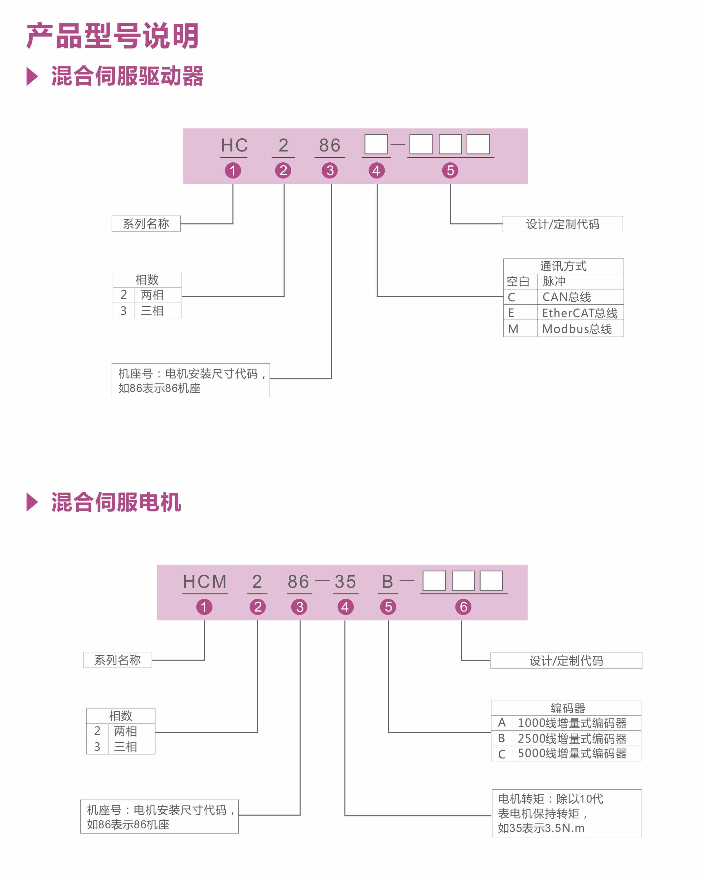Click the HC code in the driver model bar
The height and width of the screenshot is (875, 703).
(x=234, y=145)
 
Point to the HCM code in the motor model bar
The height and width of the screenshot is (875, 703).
(x=205, y=582)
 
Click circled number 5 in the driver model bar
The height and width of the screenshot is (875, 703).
(x=450, y=171)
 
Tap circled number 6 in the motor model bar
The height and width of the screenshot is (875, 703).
(x=463, y=607)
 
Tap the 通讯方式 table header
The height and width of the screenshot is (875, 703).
(x=563, y=266)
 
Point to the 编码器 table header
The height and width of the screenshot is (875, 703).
(x=568, y=708)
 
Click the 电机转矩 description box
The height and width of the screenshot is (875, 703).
(x=567, y=813)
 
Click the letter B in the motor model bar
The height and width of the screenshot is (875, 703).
(x=388, y=582)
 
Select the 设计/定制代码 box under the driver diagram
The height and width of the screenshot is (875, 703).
(x=563, y=224)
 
